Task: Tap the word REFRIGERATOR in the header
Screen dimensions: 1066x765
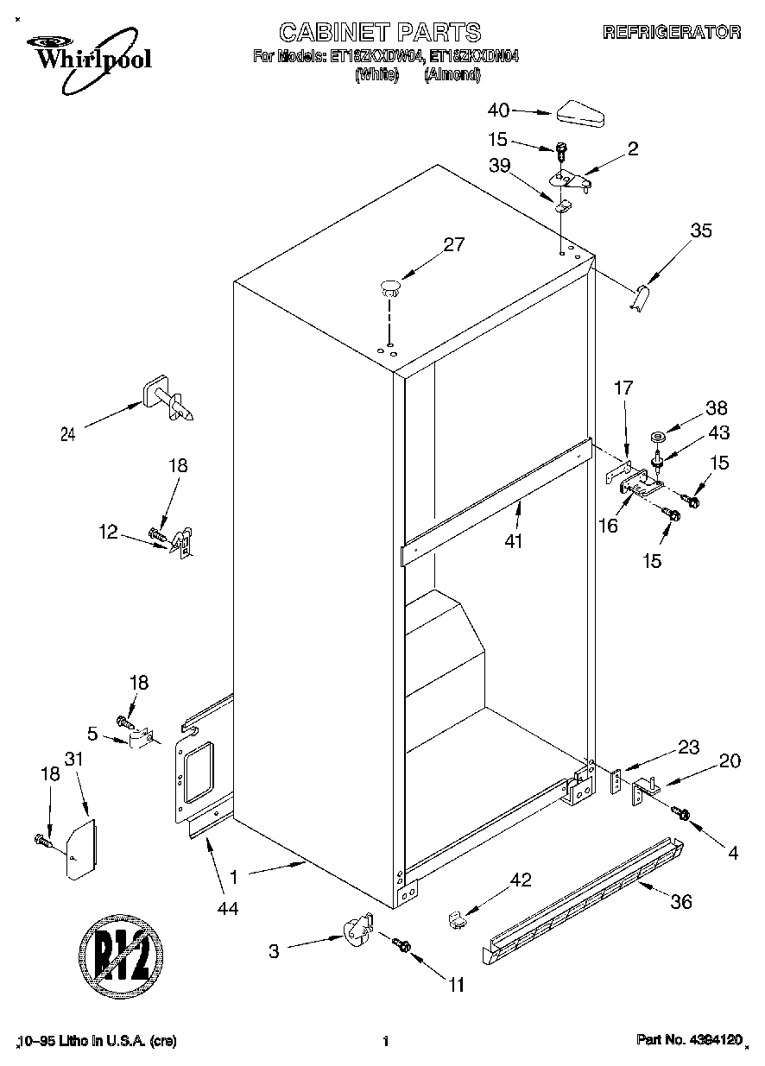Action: pos(671,32)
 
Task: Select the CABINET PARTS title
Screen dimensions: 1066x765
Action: pos(380,33)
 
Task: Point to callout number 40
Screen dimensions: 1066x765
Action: pos(499,110)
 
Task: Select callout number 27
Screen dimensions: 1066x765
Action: pos(453,244)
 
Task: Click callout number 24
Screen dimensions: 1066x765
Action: pos(67,435)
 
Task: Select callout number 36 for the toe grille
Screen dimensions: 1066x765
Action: pos(681,902)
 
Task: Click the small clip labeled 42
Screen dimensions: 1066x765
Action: pos(457,920)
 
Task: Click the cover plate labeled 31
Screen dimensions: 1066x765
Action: pos(80,849)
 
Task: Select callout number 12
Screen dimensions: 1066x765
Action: pos(108,533)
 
